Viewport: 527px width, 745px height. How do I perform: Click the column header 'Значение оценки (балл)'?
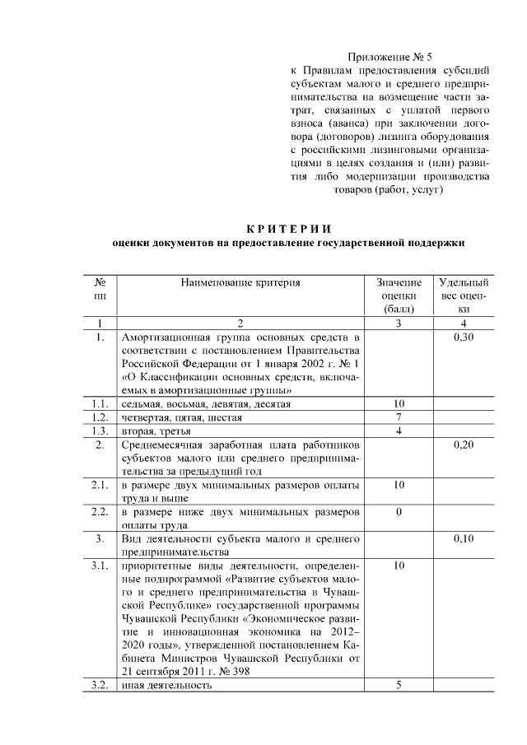pyautogui.click(x=399, y=296)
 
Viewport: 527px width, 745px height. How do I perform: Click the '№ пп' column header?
pyautogui.click(x=100, y=289)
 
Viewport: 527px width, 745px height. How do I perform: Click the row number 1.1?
pyautogui.click(x=100, y=404)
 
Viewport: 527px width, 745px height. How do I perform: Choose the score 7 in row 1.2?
pyautogui.click(x=399, y=417)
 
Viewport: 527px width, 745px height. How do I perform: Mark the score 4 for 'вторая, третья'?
pyautogui.click(x=399, y=431)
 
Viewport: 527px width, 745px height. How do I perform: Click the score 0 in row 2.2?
pyautogui.click(x=399, y=511)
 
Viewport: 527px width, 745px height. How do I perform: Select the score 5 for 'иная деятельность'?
pyautogui.click(x=399, y=686)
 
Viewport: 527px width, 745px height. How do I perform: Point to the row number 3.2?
pyautogui.click(x=100, y=686)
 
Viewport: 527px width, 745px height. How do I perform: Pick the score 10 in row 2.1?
pyautogui.click(x=399, y=485)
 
